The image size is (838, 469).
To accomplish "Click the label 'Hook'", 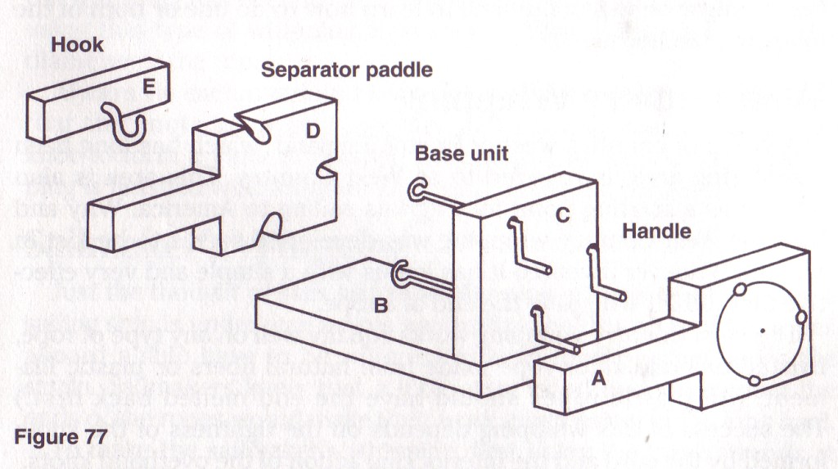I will point(78,44).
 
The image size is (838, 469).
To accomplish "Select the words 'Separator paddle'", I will point(346,70).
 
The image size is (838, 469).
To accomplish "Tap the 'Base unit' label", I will point(462,153).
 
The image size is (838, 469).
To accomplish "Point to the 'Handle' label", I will point(656,231).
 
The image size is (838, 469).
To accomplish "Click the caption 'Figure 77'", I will point(60,435).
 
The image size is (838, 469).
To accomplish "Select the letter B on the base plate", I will point(380,305).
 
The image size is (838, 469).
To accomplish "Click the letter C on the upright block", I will point(562,214).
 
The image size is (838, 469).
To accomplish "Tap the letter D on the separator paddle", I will point(313,130).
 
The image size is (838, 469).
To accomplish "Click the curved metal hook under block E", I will point(130,124).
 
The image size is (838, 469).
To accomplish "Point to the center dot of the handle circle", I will point(763,331).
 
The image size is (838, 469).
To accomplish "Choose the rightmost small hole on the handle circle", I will point(800,316).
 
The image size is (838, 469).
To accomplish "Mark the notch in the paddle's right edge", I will point(328,172).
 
